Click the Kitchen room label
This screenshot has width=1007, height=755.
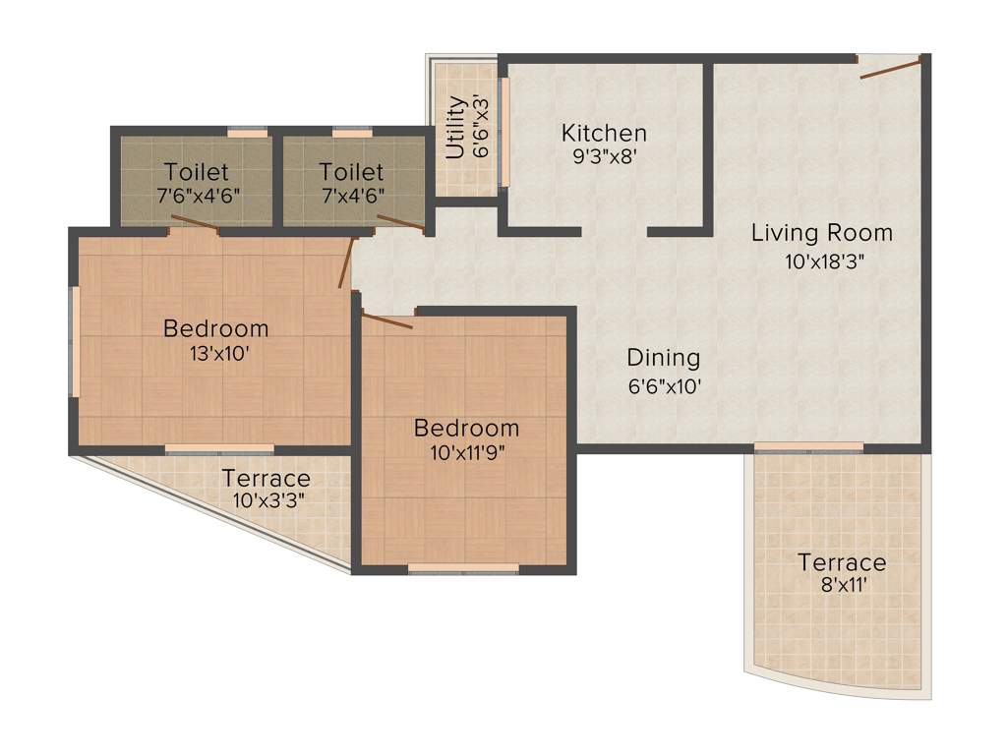[604, 133]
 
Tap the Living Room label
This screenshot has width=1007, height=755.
[822, 233]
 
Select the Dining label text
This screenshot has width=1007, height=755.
[664, 358]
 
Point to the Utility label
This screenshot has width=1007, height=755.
[454, 128]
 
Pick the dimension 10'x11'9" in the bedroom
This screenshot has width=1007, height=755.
[466, 453]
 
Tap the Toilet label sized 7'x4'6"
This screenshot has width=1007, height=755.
[351, 194]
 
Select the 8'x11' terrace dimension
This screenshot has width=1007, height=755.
[841, 587]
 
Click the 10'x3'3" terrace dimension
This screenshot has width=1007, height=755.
[267, 500]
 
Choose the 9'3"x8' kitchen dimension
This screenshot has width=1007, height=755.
[604, 156]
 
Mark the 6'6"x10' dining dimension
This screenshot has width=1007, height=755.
[664, 386]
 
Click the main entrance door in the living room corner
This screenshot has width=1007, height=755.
[890, 67]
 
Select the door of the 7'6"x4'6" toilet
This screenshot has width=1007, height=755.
[196, 223]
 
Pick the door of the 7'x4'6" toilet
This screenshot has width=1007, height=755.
[401, 223]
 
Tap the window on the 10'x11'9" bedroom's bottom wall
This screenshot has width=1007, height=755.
[463, 568]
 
